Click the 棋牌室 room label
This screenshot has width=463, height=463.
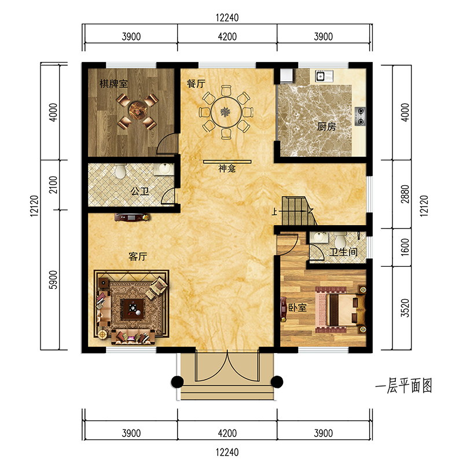click(113, 84)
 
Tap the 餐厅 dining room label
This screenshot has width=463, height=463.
click(196, 83)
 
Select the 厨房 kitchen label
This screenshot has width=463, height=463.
click(326, 127)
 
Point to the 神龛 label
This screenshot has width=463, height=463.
click(227, 168)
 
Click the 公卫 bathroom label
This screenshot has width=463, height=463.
click(140, 192)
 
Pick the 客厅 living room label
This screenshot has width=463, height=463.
click(138, 256)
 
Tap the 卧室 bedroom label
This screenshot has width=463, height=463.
click(297, 308)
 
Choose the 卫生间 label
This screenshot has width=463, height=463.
click(343, 252)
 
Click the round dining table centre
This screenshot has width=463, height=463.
click(226, 112)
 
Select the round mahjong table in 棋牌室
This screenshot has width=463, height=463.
click(137, 111)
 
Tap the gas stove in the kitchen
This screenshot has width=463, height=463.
click(360, 116)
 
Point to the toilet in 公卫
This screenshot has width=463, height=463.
click(120, 171)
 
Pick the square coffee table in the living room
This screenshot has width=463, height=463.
click(133, 309)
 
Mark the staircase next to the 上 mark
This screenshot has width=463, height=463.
click(295, 211)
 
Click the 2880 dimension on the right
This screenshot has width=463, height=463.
click(405, 194)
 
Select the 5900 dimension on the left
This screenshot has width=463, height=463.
click(53, 280)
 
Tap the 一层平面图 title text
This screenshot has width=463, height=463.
click(403, 385)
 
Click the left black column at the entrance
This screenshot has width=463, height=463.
click(177, 382)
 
